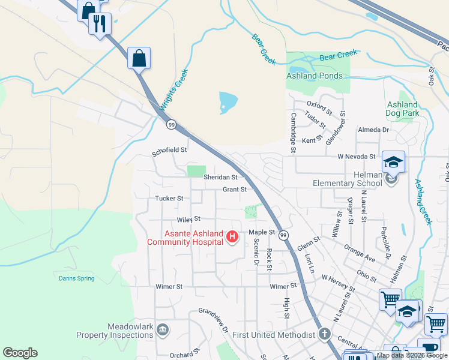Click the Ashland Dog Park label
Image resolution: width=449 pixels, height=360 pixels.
(x=402, y=109)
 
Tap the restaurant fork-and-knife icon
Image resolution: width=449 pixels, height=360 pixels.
(x=100, y=23)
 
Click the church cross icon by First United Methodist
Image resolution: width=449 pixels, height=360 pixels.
(x=324, y=334)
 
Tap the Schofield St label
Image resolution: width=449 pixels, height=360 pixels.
(x=170, y=151)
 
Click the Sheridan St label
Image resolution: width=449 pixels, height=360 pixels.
(x=220, y=178)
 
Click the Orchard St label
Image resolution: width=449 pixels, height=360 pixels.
(x=184, y=355)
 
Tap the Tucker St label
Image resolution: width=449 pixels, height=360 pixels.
(x=169, y=198)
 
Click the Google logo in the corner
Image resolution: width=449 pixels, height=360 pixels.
(x=20, y=353)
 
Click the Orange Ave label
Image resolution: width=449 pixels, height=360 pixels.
(x=360, y=253)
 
